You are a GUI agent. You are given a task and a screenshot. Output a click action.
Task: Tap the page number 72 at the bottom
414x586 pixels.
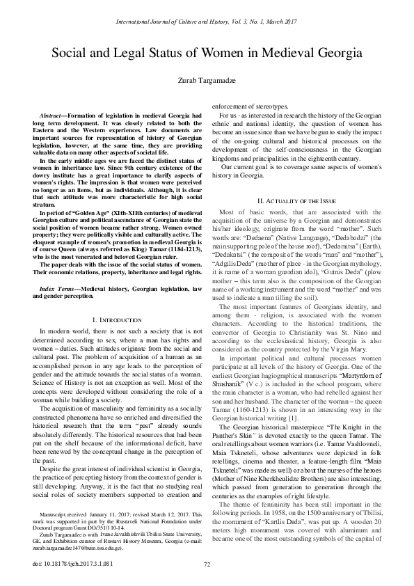point(207,564)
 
